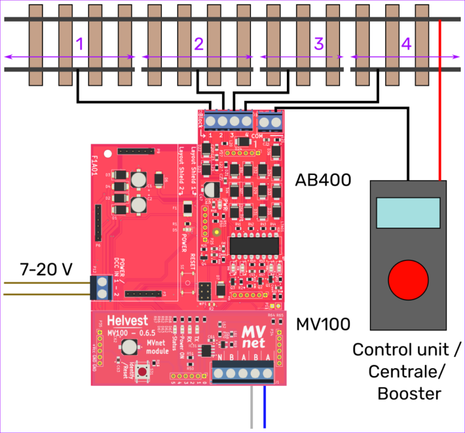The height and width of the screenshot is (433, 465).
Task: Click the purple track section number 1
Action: pyautogui.click(x=79, y=44)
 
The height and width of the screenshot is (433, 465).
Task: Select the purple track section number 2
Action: pyautogui.click(x=198, y=44)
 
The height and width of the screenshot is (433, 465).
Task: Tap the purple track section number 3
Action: pyautogui.click(x=319, y=44)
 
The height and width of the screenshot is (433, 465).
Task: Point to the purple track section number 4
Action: pyautogui.click(x=406, y=44)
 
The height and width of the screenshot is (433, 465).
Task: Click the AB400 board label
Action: pyautogui.click(x=323, y=180)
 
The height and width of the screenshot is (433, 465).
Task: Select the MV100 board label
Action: pyautogui.click(x=323, y=324)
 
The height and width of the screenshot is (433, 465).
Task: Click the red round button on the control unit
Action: pyautogui.click(x=407, y=280)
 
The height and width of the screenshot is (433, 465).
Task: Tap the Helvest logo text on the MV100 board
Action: pyautogui.click(x=127, y=322)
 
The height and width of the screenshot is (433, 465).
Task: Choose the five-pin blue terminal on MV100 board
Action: pyautogui.click(x=244, y=372)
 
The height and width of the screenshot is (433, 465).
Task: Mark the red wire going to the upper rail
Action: pyautogui.click(x=440, y=99)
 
